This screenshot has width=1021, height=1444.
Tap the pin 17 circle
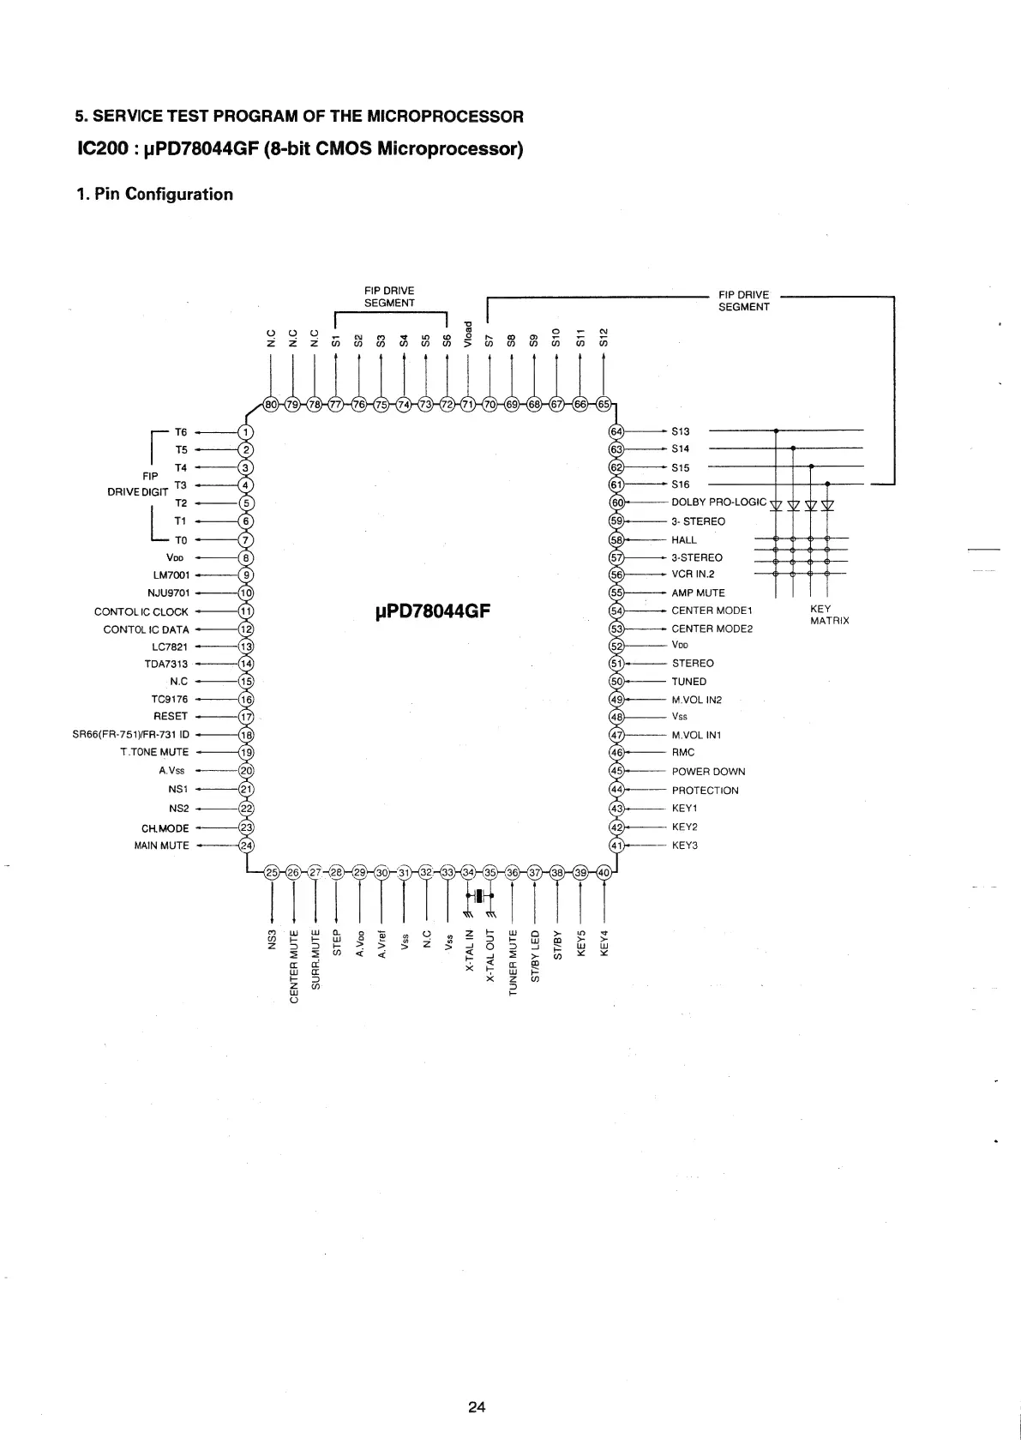[x=246, y=716]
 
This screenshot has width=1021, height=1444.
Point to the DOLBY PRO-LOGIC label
[x=718, y=502]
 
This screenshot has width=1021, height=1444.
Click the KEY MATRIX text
[x=829, y=615]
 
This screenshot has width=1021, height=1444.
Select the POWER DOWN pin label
[x=708, y=772]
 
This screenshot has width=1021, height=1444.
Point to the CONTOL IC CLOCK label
[x=141, y=612]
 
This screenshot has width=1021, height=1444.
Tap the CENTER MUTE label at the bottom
[x=294, y=965]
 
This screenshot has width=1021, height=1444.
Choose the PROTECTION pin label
[x=705, y=791]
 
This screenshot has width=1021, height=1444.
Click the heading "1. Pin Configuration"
[x=154, y=194]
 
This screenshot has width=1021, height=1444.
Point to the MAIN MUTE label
[x=161, y=845]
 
